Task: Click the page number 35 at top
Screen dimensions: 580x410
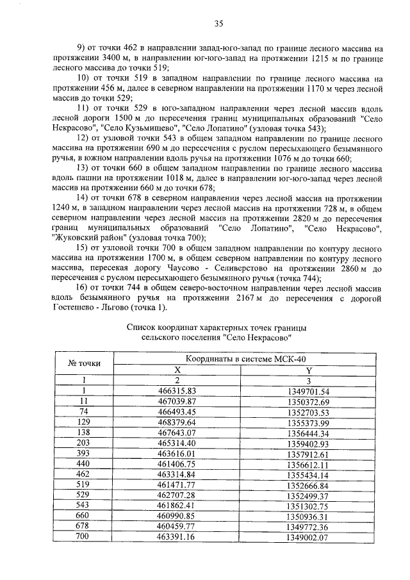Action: pyautogui.click(x=218, y=24)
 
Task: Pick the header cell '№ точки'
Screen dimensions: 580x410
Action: pyautogui.click(x=84, y=363)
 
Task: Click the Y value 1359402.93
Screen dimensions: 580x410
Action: pyautogui.click(x=307, y=443)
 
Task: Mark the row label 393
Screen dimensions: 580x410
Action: pyautogui.click(x=83, y=454)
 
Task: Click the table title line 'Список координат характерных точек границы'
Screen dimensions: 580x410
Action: pyautogui.click(x=217, y=327)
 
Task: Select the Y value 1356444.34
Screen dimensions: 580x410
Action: pyautogui.click(x=307, y=433)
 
